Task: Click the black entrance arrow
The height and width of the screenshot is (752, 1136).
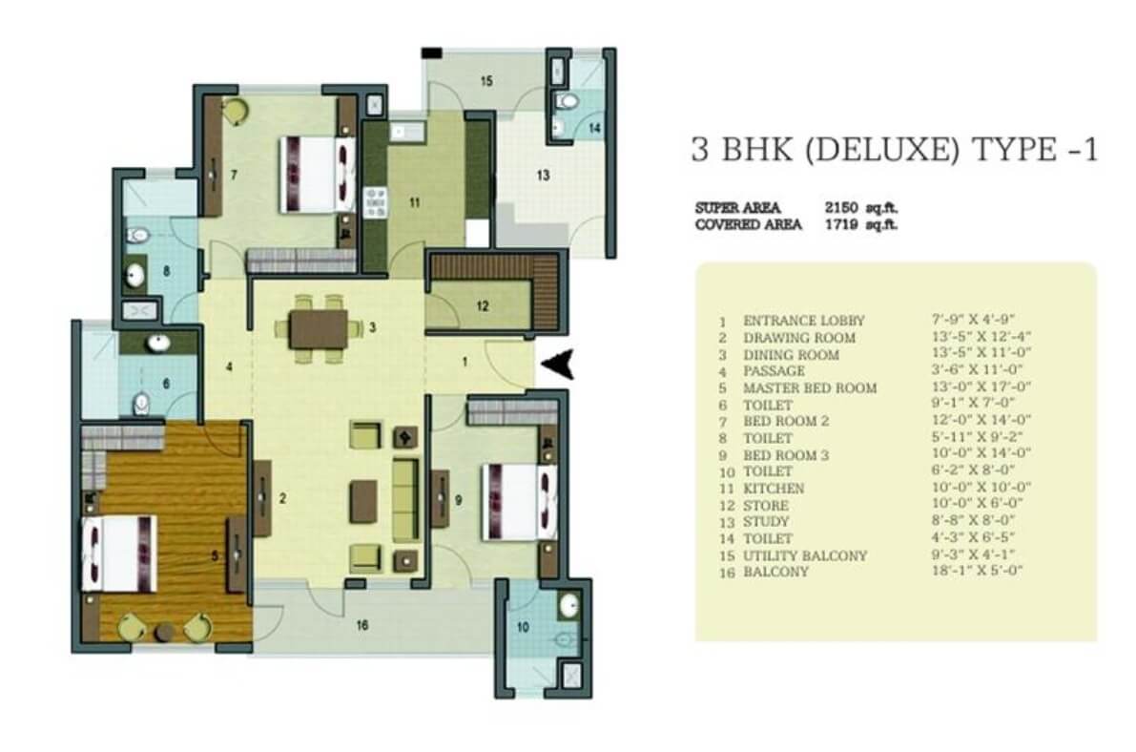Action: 561,364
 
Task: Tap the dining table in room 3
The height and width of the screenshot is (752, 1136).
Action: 318,328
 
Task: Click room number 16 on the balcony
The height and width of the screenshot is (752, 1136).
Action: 363,624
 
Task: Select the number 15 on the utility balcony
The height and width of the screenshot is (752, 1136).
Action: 486,80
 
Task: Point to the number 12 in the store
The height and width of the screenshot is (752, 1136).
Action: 483,306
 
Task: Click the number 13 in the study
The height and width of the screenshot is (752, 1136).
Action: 543,175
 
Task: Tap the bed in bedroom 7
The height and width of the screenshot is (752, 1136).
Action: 318,175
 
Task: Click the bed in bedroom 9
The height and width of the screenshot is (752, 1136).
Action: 520,502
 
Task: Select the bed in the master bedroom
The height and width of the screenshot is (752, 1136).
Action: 119,554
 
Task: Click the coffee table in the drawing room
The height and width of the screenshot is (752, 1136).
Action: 363,501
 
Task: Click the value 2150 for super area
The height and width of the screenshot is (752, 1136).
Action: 841,207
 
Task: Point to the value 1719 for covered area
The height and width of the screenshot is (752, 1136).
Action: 841,224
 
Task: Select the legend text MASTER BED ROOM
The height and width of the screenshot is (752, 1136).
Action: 810,388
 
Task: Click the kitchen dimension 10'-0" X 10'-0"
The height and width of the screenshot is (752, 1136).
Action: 981,488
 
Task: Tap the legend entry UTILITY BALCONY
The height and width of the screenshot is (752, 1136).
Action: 805,555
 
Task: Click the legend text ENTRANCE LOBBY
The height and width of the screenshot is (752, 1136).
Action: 804,321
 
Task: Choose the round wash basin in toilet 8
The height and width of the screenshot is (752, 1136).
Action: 134,274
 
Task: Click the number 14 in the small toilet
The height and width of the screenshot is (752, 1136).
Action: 594,128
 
